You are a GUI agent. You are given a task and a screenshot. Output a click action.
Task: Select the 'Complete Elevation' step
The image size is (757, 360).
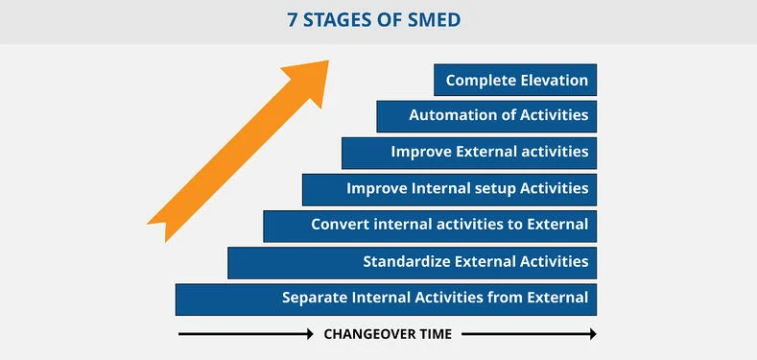point(515,80)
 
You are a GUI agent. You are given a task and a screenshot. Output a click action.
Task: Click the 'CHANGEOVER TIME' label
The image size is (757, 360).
point(387,334)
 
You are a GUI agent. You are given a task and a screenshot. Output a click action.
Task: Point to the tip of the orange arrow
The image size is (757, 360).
point(327,62)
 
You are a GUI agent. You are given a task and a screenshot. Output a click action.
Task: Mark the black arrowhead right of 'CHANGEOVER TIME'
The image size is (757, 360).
point(591,334)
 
